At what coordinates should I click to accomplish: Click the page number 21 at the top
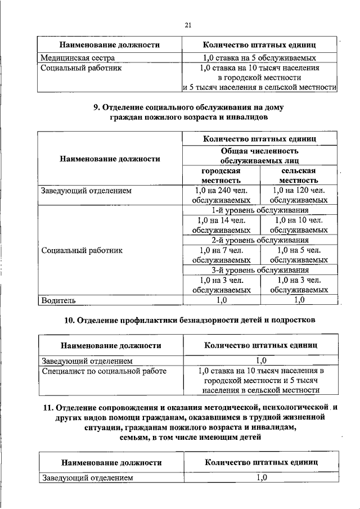point(188,24)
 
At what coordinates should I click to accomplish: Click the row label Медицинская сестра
point(78,57)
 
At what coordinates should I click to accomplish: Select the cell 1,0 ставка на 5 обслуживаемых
point(259,57)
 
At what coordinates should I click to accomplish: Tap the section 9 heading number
point(96,107)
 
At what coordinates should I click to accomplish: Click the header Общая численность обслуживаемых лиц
point(259,156)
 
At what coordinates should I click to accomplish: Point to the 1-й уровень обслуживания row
point(259,210)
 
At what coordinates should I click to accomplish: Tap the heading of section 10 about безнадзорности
point(188,320)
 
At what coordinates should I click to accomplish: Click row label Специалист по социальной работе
point(103,371)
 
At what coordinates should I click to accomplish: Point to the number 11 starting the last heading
point(48,408)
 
